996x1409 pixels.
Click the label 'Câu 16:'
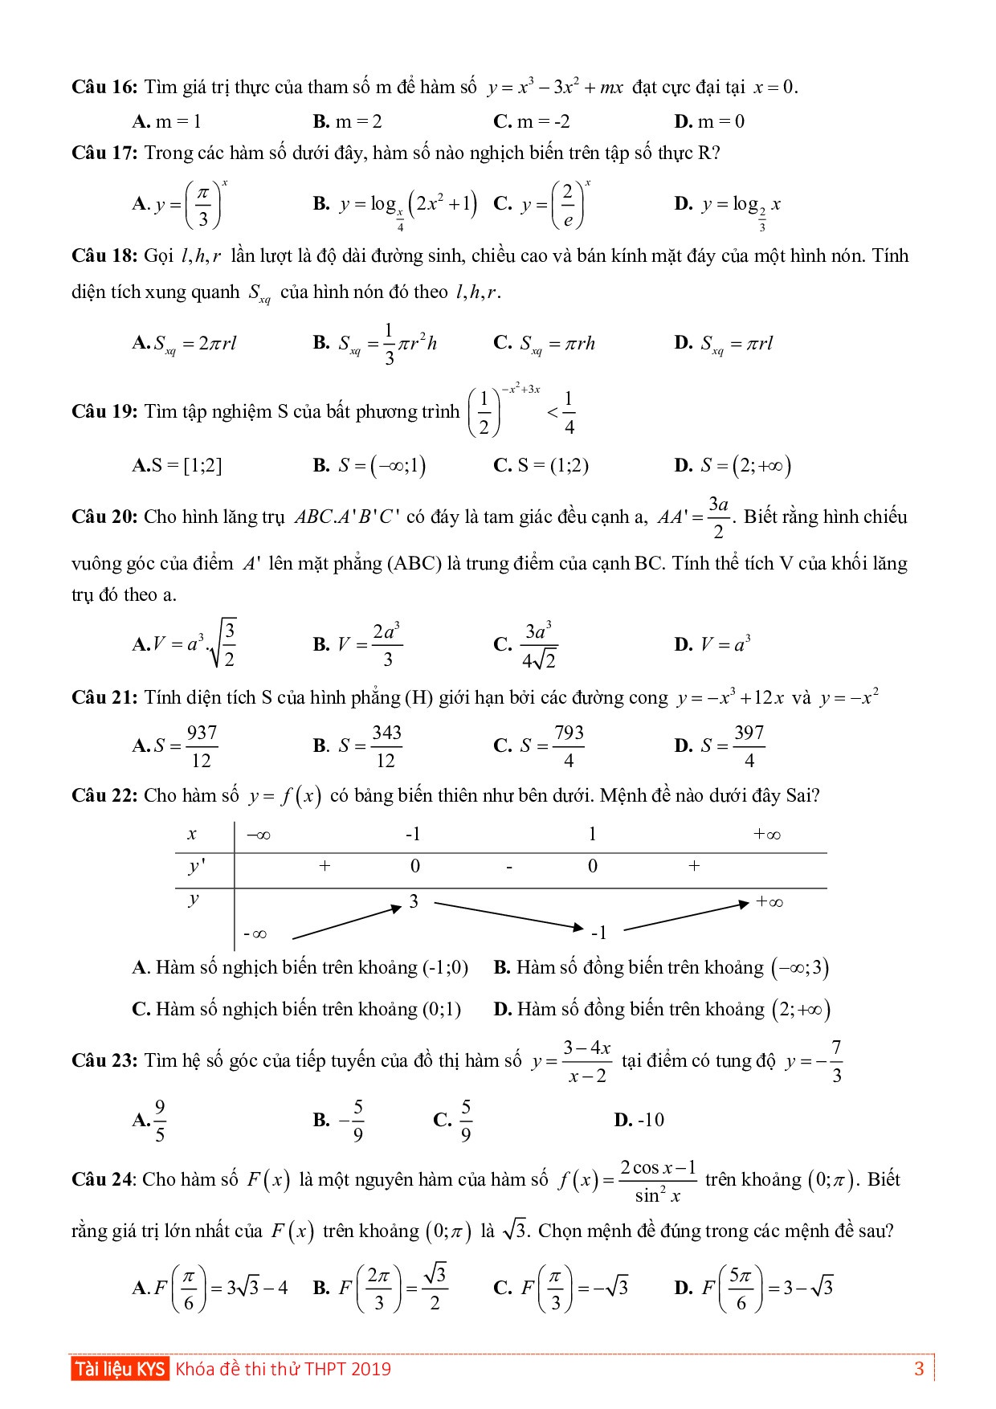(x=104, y=88)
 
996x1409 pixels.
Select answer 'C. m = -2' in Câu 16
(x=532, y=122)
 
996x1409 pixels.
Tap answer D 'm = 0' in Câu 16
(x=709, y=122)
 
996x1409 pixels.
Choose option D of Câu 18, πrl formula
(x=724, y=344)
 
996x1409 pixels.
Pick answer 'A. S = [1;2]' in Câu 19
(x=177, y=466)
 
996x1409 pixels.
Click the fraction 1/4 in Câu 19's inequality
(x=569, y=413)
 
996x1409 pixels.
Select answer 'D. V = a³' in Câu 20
(x=712, y=644)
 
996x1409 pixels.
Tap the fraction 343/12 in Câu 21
(x=386, y=746)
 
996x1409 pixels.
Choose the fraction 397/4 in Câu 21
(x=749, y=746)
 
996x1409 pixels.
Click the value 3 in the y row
(x=414, y=901)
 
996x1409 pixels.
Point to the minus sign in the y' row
(x=509, y=868)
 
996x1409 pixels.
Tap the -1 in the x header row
(x=413, y=835)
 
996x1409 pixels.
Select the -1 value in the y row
(x=598, y=933)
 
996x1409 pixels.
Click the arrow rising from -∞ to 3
(x=347, y=922)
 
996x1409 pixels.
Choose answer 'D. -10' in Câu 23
(x=639, y=1120)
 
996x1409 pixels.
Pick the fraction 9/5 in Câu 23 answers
(x=159, y=1121)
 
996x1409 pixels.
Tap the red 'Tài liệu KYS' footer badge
(x=120, y=1369)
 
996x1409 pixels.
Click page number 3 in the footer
(x=920, y=1369)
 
